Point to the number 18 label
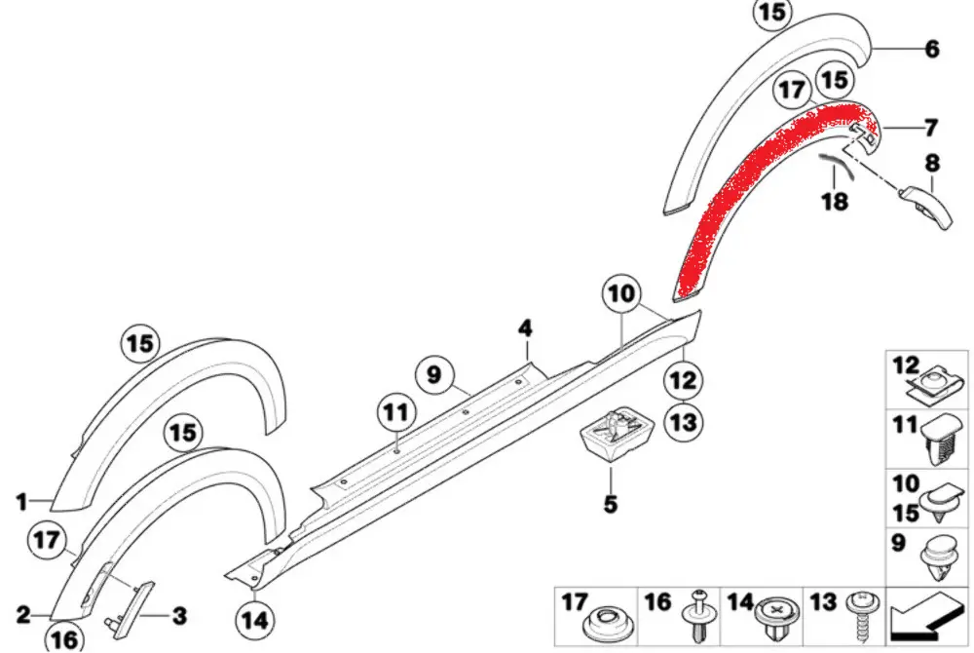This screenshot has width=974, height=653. [835, 202]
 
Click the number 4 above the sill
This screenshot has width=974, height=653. [525, 327]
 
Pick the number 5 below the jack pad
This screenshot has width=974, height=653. [611, 504]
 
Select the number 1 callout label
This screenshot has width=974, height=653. [21, 503]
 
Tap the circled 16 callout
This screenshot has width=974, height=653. [65, 637]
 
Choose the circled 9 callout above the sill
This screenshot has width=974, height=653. [434, 372]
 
